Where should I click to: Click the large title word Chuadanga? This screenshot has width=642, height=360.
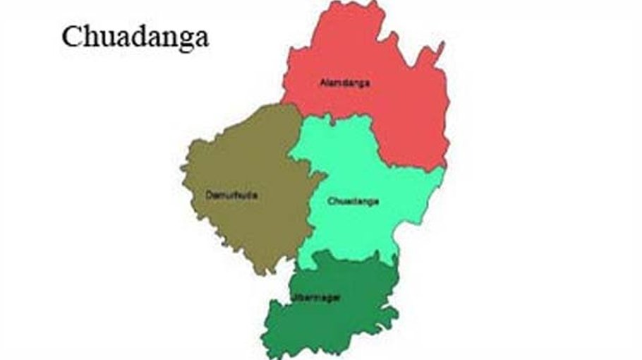(134, 37)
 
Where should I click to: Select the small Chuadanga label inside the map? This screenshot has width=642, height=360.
(353, 201)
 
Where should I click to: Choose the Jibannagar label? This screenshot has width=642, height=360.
(315, 298)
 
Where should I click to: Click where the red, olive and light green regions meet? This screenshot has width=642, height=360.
(303, 115)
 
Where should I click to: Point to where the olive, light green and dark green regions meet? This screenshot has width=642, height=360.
(296, 265)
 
